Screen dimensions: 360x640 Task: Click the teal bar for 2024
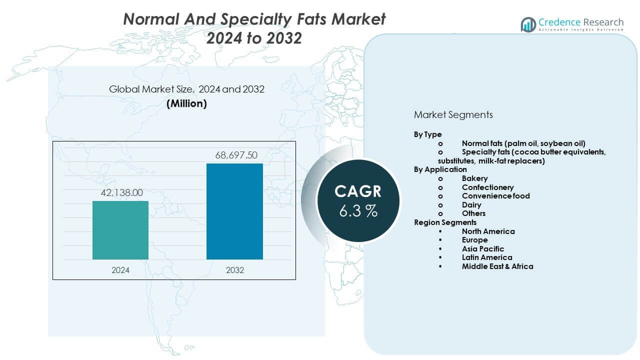click(120, 230)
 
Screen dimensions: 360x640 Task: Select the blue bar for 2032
click(234, 211)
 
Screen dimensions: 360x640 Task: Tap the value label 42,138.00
click(120, 192)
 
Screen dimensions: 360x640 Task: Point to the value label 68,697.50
click(234, 155)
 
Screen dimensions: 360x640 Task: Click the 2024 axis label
click(120, 270)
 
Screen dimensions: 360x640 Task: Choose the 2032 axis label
click(234, 270)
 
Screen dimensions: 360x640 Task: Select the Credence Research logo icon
click(528, 24)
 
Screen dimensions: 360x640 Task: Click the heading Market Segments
click(453, 114)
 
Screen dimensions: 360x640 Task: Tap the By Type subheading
click(427, 134)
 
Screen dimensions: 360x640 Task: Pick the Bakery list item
click(474, 178)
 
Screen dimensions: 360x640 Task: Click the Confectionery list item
click(487, 187)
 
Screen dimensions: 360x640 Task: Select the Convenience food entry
click(495, 196)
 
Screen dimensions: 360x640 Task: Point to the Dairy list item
click(471, 204)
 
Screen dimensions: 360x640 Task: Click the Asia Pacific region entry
click(483, 248)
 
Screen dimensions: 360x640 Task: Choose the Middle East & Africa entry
click(497, 266)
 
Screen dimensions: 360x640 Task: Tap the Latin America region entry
click(487, 257)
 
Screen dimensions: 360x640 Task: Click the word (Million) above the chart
click(186, 103)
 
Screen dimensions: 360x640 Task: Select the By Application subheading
click(440, 169)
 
